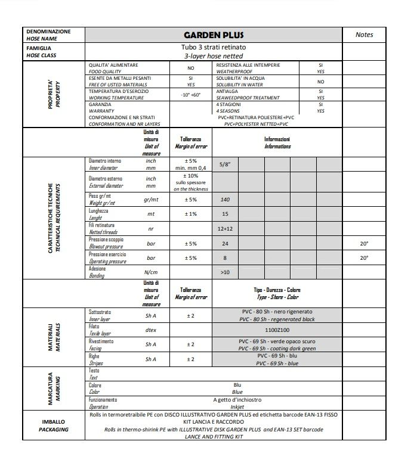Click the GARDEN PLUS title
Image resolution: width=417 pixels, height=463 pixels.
click(214, 35)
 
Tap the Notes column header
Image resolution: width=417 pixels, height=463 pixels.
click(364, 35)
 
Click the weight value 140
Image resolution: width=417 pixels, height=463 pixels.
click(225, 200)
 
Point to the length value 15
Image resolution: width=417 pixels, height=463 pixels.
click(225, 214)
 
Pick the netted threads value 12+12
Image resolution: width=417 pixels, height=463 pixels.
click(225, 229)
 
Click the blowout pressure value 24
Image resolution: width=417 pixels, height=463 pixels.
click(225, 244)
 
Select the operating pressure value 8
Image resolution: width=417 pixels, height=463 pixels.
click(225, 258)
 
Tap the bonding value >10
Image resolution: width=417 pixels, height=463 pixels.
click(225, 272)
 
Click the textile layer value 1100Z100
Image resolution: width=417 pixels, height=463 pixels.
click(276, 330)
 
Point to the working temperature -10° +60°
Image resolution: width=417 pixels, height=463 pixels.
click(191, 95)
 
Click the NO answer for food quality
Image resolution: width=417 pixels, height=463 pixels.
click(191, 68)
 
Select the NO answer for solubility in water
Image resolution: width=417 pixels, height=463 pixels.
click(320, 82)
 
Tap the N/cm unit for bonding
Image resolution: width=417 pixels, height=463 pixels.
click(151, 272)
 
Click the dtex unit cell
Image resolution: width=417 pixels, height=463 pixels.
click(151, 330)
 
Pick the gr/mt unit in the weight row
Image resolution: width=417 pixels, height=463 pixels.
click(151, 200)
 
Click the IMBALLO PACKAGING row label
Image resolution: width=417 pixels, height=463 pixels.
click(54, 425)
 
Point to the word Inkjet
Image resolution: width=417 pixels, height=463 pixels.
click(237, 406)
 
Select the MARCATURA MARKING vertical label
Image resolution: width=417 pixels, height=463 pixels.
click(54, 388)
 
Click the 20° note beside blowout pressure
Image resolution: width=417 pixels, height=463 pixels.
click(364, 244)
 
